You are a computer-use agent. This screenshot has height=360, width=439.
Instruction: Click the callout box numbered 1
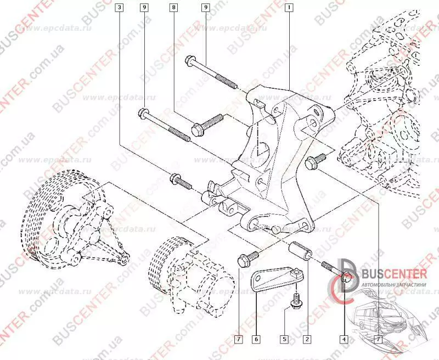click(x=289, y=8)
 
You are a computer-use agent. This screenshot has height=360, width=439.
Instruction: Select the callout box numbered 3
click(x=120, y=8)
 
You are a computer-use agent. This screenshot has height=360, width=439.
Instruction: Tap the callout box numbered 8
click(x=174, y=8)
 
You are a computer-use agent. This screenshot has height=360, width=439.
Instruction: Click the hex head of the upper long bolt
click(x=190, y=59)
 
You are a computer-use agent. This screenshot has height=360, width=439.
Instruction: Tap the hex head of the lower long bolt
click(x=143, y=114)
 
